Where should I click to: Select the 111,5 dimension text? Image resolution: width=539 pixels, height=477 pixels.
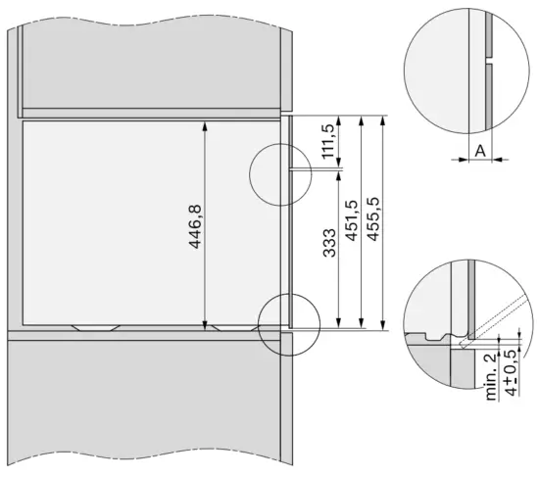(x=328, y=142)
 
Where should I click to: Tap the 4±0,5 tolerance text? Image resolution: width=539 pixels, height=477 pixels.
(x=510, y=377)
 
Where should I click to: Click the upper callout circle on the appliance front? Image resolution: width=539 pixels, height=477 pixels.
(x=280, y=174)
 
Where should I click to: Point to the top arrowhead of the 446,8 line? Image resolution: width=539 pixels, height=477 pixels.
(x=205, y=124)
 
